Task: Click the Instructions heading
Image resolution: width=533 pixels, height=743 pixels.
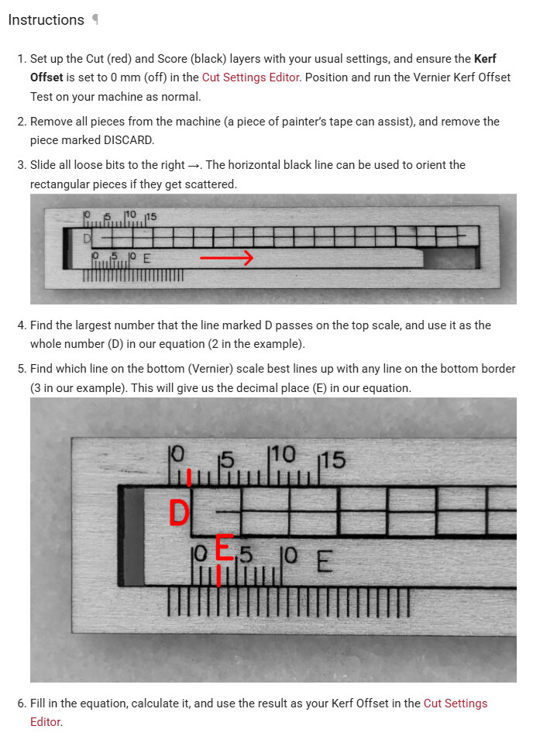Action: point(46,20)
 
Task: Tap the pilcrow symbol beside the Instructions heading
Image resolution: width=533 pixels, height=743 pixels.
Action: point(95,20)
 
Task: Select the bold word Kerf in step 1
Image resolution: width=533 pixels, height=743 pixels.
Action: point(484,59)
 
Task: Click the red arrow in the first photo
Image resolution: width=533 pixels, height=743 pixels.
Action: point(226,258)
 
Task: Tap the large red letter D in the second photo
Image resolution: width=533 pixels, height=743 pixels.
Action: point(179,513)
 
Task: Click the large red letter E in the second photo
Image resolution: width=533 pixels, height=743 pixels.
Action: point(223,549)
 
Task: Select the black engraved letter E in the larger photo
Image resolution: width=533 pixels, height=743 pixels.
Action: point(324,559)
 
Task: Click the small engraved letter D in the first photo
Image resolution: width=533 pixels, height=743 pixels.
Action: point(88,238)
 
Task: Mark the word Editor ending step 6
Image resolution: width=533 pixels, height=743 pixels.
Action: point(45,722)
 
